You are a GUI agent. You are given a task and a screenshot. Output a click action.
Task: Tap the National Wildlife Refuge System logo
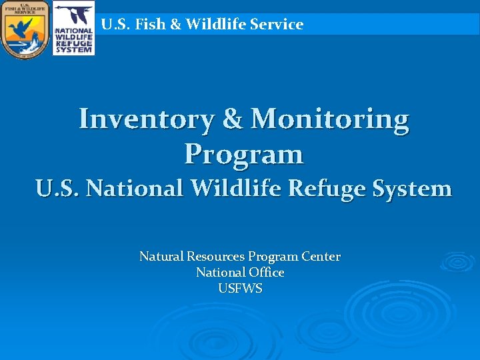click(73, 29)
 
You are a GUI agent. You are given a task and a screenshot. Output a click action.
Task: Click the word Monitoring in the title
click(329, 120)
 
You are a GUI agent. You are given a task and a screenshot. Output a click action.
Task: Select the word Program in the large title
click(244, 155)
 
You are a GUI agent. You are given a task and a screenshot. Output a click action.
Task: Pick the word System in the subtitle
click(413, 189)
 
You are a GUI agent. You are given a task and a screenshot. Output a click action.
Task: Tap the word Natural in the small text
click(161, 257)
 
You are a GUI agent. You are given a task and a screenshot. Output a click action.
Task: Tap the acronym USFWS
click(240, 289)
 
